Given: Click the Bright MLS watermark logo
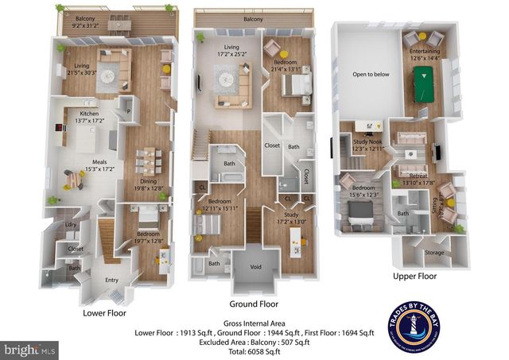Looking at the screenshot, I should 30,349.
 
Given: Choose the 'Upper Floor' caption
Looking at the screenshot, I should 415,277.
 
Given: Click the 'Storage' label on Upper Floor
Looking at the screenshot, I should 434,253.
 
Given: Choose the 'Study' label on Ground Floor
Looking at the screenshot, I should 287,215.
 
